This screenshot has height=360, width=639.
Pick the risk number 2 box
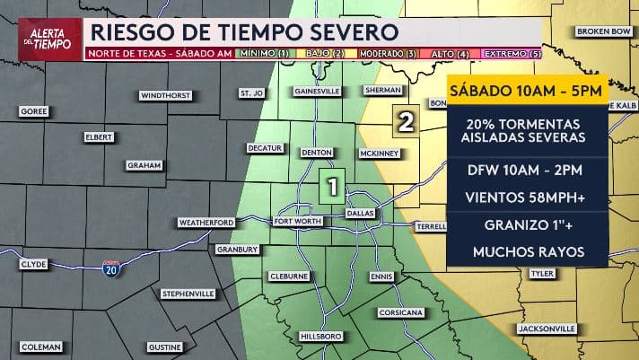coord(406,121)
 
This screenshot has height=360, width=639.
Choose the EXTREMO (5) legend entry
coord(512,54)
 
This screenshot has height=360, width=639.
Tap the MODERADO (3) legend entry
coord(388,54)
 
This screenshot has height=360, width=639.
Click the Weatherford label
coord(206,222)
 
